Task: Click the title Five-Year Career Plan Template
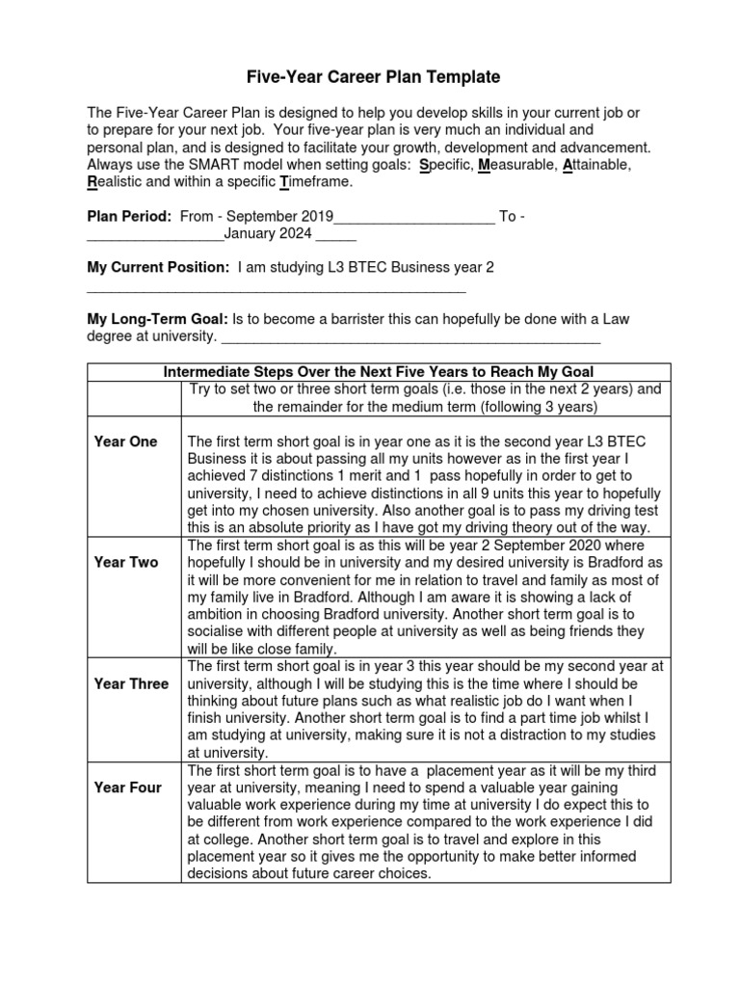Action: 369,77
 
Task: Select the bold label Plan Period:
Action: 129,217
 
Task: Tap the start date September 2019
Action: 276,217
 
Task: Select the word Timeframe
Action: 319,182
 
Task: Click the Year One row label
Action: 125,441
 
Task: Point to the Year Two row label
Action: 125,562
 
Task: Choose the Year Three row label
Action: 131,683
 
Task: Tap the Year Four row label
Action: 127,787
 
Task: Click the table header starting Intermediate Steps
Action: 379,372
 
